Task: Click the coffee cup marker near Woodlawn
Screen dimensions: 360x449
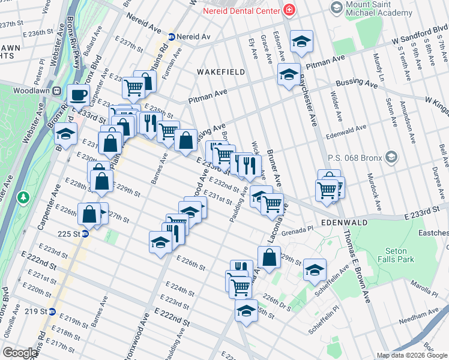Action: click(78, 95)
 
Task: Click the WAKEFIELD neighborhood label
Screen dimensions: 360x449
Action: click(221, 72)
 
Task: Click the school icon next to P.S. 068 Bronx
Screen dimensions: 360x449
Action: click(391, 157)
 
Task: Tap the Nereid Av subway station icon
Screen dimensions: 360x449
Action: click(171, 37)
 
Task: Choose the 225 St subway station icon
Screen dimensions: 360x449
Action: click(85, 234)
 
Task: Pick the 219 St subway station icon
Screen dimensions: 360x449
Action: click(52, 311)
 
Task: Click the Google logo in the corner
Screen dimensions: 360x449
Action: click(20, 352)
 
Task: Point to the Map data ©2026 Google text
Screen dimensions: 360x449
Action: click(411, 355)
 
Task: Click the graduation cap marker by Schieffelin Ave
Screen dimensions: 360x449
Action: click(314, 270)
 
